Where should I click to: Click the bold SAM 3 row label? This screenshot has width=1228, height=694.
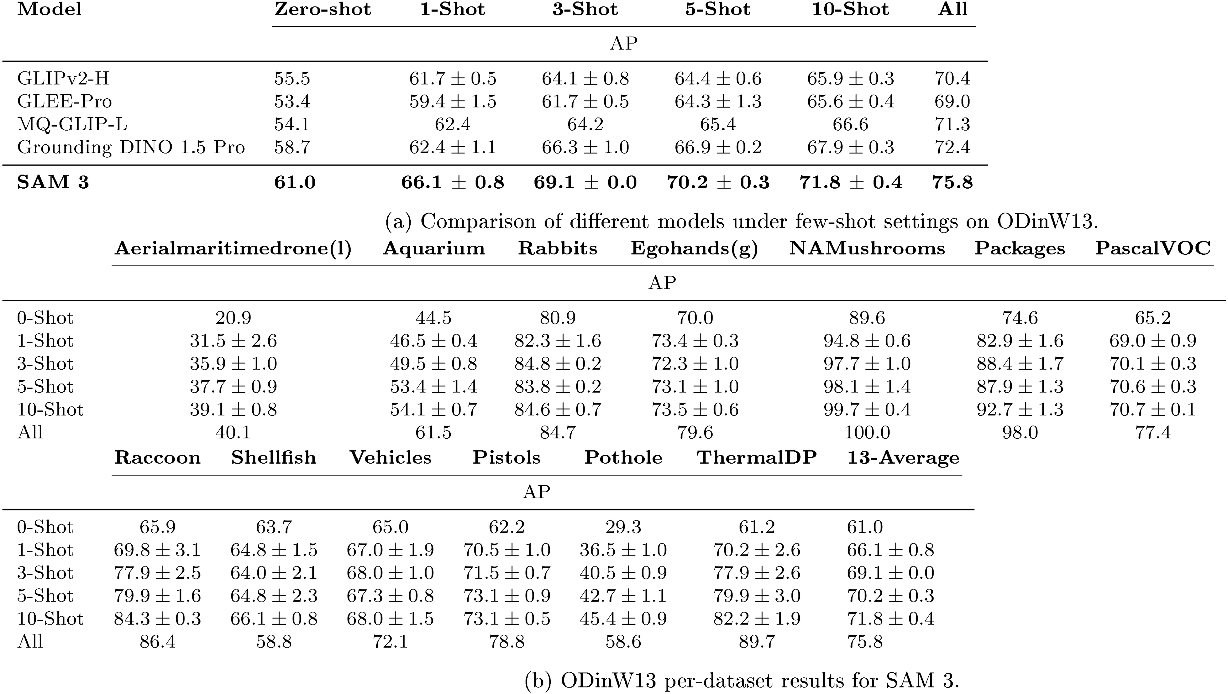click(53, 182)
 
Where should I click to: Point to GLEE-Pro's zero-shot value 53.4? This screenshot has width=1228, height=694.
click(292, 101)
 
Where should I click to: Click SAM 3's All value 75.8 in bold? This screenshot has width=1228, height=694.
click(952, 182)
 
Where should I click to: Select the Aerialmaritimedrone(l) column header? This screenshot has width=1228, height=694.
click(233, 249)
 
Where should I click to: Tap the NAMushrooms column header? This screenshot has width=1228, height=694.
click(867, 249)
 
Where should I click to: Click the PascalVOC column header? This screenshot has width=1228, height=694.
click(1153, 249)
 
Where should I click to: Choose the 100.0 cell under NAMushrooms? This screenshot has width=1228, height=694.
click(867, 433)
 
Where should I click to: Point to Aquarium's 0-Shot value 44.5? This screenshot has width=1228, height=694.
click(433, 318)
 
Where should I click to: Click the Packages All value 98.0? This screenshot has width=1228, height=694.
click(1020, 433)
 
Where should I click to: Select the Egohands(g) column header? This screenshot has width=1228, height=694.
click(694, 249)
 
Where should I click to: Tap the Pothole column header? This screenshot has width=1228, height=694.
click(623, 457)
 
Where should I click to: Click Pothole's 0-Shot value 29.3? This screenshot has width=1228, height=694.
click(623, 527)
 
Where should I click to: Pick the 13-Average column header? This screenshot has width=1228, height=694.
click(903, 457)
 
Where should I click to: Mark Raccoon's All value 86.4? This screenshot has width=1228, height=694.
click(157, 641)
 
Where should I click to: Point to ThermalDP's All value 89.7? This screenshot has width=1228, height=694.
click(756, 641)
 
